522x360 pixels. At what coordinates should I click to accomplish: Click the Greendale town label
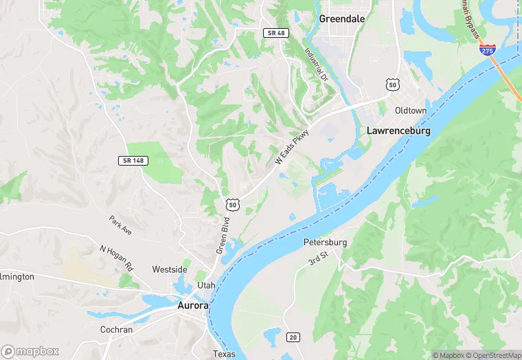(x=341, y=19)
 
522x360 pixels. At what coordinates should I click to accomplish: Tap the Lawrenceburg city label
(x=398, y=130)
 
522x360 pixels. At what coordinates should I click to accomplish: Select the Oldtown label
(x=411, y=111)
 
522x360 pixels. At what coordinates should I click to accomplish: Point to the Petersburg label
(x=325, y=243)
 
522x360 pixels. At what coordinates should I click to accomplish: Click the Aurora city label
(x=192, y=305)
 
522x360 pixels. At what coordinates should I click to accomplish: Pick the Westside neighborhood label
(x=169, y=269)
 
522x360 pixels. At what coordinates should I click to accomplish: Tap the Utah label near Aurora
(x=206, y=285)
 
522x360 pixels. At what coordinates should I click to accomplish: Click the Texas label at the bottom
(x=224, y=355)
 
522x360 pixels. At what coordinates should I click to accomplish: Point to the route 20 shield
(x=293, y=336)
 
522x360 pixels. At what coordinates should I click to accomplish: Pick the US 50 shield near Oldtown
(x=392, y=85)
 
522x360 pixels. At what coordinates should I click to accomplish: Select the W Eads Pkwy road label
(x=293, y=147)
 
